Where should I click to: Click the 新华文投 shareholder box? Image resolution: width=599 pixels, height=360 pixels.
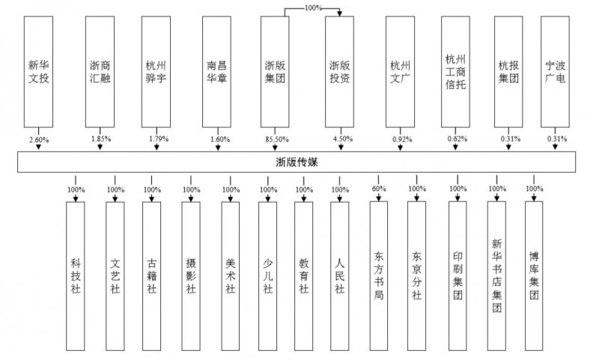point(38,72)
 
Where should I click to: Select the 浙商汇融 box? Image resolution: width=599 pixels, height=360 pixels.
point(100,72)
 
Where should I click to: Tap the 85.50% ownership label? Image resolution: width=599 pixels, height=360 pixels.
point(277,139)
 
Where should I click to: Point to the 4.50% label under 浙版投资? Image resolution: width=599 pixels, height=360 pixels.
point(343,139)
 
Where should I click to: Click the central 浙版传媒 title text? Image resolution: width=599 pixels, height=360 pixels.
point(297,162)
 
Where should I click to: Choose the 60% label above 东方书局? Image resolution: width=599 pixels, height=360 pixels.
point(379,189)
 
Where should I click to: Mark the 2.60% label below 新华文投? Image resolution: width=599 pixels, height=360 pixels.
point(39,140)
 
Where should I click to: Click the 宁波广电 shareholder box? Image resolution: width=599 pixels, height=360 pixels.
point(555,72)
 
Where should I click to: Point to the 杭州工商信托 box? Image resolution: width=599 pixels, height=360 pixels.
point(455,72)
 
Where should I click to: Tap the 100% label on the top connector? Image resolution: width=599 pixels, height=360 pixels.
point(313,7)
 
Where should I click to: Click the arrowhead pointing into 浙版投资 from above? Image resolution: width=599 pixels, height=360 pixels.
point(339,13)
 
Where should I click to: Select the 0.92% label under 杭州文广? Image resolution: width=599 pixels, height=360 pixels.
point(402,139)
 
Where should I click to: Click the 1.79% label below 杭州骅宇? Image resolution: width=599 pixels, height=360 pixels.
point(159,139)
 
